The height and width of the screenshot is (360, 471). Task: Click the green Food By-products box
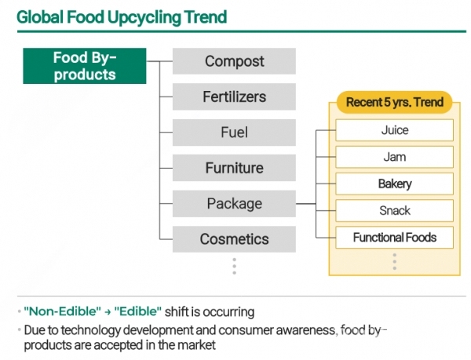coord(85,66)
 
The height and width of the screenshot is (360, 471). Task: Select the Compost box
coord(234,61)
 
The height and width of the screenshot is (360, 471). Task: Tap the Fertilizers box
coord(234,96)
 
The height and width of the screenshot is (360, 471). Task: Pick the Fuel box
coord(234,133)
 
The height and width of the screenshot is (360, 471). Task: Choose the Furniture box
coord(234,168)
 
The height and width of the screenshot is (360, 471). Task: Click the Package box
coord(234,203)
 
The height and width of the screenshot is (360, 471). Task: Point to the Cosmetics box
coord(234,239)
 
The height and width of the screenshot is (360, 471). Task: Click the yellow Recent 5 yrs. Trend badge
coord(394,102)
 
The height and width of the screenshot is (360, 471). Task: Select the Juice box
coord(394,130)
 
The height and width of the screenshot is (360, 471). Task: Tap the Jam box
coord(394,157)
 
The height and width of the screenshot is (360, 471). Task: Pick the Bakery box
coord(394,184)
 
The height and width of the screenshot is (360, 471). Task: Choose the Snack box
coord(394,211)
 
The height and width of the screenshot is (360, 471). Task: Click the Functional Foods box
coord(394,238)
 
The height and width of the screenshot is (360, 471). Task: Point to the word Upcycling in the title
coord(144,17)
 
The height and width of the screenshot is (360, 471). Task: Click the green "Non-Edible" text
coord(63,311)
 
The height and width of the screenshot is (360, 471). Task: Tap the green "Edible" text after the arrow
coord(138,311)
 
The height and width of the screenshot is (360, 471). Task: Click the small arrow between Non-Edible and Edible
coord(108,312)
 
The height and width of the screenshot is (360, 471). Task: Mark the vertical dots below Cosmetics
coord(234,266)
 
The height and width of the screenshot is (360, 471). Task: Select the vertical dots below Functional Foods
coord(394,261)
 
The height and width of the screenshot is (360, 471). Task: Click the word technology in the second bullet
coord(90,330)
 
